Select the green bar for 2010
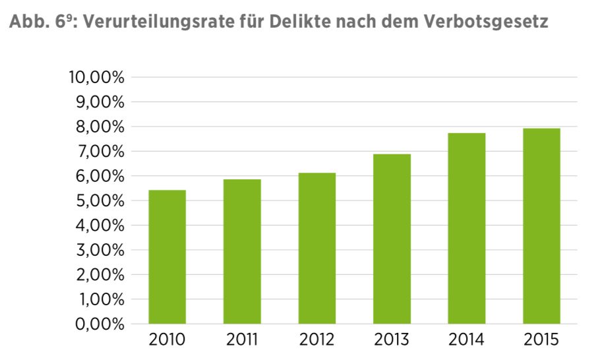click(x=167, y=257)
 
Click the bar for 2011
click(x=242, y=252)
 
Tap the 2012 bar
click(x=317, y=249)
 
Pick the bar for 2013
click(x=392, y=239)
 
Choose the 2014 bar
click(x=467, y=229)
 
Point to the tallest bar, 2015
click(x=542, y=226)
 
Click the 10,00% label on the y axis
click(x=96, y=78)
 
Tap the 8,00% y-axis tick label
click(x=100, y=127)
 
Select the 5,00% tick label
click(x=100, y=201)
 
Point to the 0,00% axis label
click(x=100, y=324)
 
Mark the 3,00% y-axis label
click(x=100, y=251)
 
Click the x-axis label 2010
click(x=167, y=340)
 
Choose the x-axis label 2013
click(x=392, y=340)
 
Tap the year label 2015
click(x=541, y=340)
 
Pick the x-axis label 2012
click(x=316, y=340)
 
